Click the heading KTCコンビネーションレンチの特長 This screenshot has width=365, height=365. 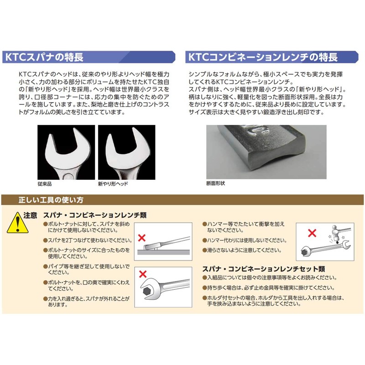click(x=262, y=58)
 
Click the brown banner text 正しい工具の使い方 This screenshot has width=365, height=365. click(x=50, y=200)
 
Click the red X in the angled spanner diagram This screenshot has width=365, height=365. click(x=142, y=238)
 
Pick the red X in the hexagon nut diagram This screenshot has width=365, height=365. click(x=142, y=274)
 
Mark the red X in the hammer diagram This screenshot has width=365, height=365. click(x=312, y=233)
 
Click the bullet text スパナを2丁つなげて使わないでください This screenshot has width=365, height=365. click(x=88, y=240)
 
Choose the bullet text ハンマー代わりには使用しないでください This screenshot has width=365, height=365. click(x=245, y=240)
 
